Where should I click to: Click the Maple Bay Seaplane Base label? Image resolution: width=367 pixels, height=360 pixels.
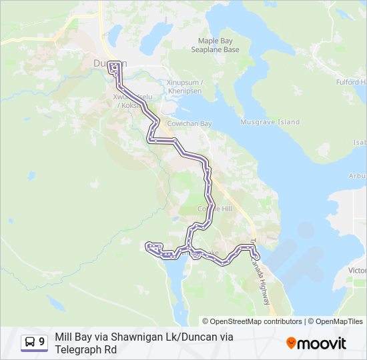(x=215, y=45)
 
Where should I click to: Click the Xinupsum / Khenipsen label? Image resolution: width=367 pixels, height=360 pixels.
(x=184, y=87)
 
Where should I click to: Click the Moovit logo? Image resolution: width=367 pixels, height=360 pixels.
(x=316, y=343)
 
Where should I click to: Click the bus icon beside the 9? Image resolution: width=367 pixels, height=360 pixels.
(x=30, y=343)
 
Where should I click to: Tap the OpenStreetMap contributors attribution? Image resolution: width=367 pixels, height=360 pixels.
(x=252, y=321)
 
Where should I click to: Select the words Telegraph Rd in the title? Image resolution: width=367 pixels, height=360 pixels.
(x=83, y=349)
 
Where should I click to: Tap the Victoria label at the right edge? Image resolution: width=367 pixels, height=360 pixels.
(x=358, y=271)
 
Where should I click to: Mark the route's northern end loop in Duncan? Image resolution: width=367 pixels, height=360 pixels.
(x=115, y=67)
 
